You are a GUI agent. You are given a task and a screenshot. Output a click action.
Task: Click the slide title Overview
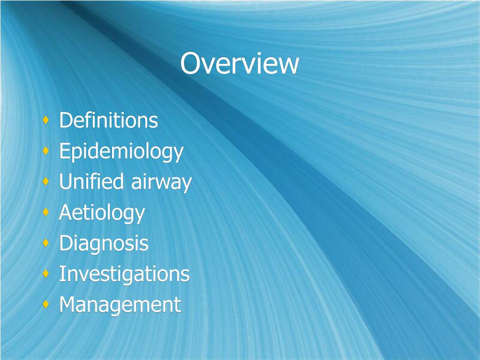(240, 64)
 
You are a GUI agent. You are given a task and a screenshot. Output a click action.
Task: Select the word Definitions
(108, 120)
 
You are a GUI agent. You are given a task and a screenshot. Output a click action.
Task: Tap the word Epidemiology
(121, 152)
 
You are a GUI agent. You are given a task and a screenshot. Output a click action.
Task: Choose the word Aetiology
(102, 213)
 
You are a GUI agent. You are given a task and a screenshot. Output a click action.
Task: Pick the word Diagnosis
(104, 244)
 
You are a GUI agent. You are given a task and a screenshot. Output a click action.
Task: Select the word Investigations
(124, 274)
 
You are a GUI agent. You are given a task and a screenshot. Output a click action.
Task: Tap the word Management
(120, 305)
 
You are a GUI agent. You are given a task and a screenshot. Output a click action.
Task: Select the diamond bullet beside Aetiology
(45, 213)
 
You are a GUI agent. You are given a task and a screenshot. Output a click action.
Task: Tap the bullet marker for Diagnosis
(45, 243)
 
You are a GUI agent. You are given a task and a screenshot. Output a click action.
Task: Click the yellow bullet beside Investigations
(45, 274)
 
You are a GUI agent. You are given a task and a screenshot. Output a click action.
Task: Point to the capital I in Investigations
(62, 274)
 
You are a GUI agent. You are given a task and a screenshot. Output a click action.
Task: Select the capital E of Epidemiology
(64, 151)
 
